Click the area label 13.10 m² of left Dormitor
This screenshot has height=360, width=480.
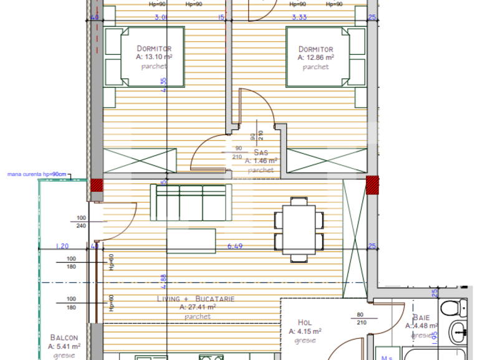coord(154,57)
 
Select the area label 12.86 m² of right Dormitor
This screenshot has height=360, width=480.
coord(315,57)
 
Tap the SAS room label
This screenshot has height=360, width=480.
coord(260,152)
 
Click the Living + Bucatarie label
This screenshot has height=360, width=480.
coord(196,299)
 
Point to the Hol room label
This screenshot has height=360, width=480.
coord(305,323)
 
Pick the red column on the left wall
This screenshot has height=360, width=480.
coord(96,185)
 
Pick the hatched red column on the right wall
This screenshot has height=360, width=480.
coord(372,185)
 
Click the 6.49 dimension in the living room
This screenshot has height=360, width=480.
coord(234,246)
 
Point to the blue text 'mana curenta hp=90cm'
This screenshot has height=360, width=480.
coord(36,174)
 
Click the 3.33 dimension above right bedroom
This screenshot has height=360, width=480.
coord(299,17)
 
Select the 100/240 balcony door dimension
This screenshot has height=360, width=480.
coord(81,222)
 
